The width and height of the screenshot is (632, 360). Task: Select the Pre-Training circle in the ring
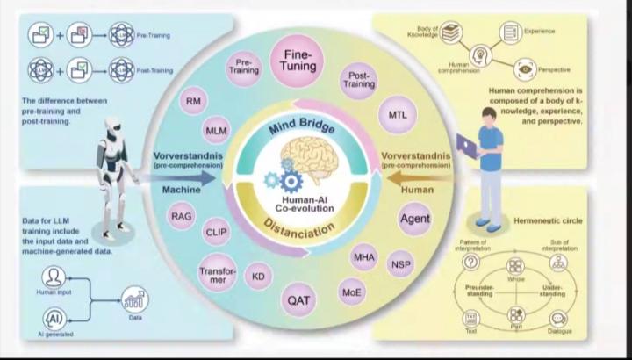(x=245, y=68)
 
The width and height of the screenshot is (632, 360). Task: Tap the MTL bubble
(x=396, y=116)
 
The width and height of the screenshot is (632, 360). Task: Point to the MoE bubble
(x=351, y=291)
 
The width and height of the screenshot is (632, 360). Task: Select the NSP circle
(x=400, y=263)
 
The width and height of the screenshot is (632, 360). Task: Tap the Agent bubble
(x=414, y=218)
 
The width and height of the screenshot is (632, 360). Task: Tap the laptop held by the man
(x=466, y=146)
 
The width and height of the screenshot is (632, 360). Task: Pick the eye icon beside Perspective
(x=526, y=67)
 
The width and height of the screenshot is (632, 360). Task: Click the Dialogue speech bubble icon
(x=558, y=319)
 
